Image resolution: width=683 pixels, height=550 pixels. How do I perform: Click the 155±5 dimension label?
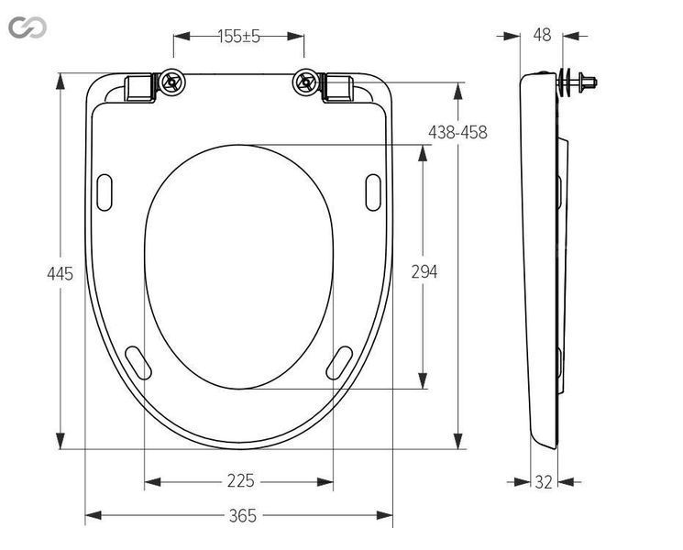tap(238, 36)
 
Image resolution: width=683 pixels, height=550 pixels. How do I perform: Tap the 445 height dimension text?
tap(61, 274)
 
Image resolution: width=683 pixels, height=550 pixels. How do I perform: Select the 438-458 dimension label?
tap(457, 132)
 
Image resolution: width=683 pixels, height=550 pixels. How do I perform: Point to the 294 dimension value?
tap(424, 271)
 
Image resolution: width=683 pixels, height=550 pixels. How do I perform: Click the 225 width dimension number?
tap(240, 480)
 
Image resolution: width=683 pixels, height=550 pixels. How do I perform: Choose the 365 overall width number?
tap(243, 516)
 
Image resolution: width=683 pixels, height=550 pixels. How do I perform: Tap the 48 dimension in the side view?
tap(543, 35)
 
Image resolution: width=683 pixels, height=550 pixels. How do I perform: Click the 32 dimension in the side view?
tap(544, 482)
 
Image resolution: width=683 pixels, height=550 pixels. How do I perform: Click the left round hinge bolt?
tap(172, 82)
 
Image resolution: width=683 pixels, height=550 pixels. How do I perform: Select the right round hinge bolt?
tap(306, 82)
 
